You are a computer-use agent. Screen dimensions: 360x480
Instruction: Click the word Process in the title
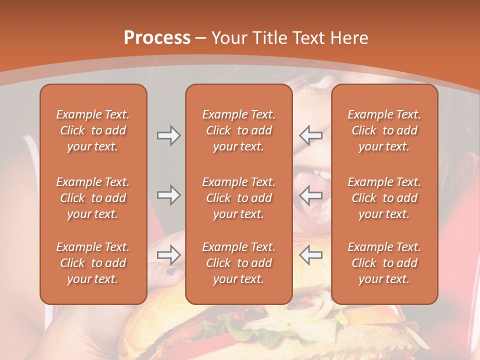coord(157,38)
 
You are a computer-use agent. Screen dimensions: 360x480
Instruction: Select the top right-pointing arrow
coord(169,135)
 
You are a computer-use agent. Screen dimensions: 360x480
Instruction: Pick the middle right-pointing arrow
coord(169,195)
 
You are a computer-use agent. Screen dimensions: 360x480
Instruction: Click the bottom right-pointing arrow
coord(169,255)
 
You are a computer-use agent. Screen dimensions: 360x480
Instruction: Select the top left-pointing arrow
coord(310,135)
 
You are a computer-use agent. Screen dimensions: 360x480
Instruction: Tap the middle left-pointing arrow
coord(310,195)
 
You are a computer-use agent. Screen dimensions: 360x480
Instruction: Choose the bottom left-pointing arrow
coord(310,255)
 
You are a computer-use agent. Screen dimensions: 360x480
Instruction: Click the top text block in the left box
coord(93,130)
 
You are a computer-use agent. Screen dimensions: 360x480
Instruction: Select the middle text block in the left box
coord(93,198)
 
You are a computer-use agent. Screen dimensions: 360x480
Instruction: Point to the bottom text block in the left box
coord(93,263)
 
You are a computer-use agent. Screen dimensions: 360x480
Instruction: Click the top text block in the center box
coord(238,130)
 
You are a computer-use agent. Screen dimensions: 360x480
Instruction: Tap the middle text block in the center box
coord(238,198)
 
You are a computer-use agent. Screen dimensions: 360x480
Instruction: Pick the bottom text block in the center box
coord(238,263)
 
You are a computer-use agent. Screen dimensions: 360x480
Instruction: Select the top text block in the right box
coord(384,130)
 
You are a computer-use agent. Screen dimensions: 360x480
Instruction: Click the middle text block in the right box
coord(384,198)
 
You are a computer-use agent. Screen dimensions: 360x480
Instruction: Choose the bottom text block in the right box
coord(384,263)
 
